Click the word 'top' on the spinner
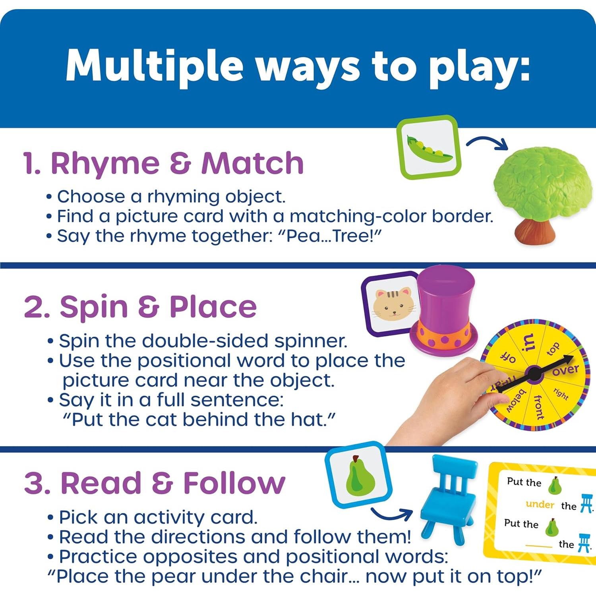pyautogui.click(x=553, y=349)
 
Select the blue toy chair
pyautogui.click(x=449, y=497)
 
